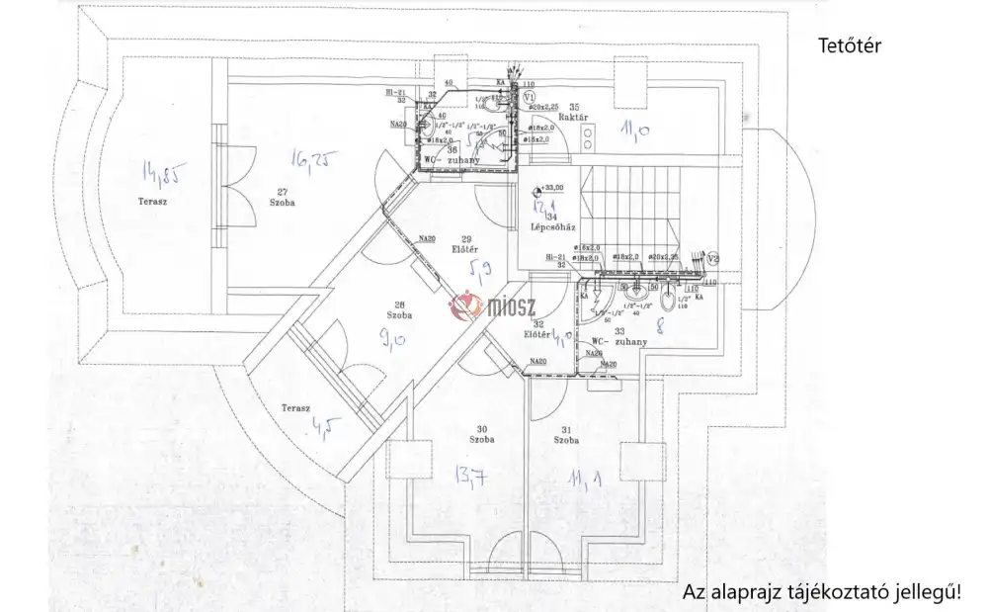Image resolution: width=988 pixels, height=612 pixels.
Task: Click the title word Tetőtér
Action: (849, 45)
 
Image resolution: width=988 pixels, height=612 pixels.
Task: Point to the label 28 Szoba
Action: (398, 309)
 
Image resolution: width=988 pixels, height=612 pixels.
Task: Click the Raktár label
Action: (576, 117)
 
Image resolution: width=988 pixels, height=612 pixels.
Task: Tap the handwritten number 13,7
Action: (469, 480)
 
